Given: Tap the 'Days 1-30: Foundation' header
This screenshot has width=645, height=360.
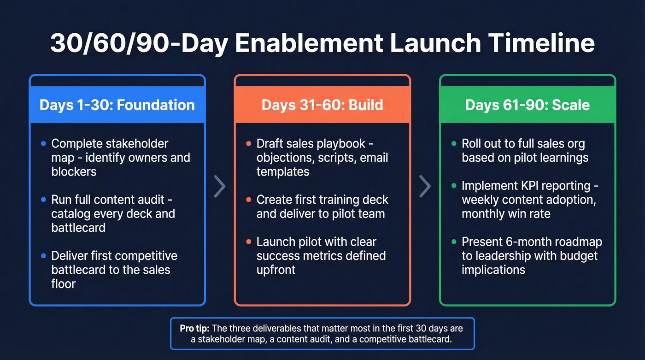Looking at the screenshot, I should [x=117, y=105].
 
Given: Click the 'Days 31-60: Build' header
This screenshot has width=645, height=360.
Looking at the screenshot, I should [x=322, y=105].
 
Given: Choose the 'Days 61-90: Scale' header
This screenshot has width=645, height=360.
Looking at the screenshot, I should [x=528, y=105].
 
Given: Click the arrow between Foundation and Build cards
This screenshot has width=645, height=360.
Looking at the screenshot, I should [x=220, y=186].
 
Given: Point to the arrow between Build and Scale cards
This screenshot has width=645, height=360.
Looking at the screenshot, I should [x=425, y=186].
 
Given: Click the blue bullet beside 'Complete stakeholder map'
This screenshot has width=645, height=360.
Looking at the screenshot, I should [x=43, y=144].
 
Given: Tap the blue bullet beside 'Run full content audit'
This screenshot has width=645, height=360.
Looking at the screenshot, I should [x=43, y=200].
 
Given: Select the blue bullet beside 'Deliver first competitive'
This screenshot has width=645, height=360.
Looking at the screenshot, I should [x=43, y=256].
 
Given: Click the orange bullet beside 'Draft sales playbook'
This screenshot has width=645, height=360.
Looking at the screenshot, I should [x=248, y=144].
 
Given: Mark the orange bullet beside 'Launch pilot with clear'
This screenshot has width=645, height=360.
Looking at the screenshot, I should [x=248, y=242].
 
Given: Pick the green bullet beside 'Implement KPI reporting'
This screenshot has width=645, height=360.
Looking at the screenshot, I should [x=454, y=186].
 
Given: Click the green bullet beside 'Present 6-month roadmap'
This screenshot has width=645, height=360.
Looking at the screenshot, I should [x=454, y=242].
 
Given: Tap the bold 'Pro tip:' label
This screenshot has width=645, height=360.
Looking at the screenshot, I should [x=194, y=329].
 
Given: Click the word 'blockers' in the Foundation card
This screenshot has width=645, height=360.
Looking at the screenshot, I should [x=74, y=172].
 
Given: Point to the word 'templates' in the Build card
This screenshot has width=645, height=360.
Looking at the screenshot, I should [x=283, y=172].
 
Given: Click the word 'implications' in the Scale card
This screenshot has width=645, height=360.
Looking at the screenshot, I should [x=493, y=270].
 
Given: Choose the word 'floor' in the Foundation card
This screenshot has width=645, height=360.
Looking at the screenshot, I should [x=64, y=283].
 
